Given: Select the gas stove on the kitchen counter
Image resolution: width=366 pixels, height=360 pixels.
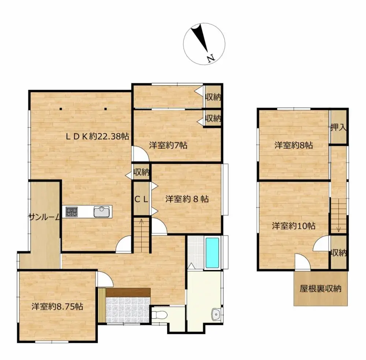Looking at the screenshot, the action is (x=71, y=212).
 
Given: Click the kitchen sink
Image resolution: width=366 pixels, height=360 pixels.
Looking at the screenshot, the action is (x=101, y=212).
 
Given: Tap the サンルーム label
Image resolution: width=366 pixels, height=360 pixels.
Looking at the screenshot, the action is (x=44, y=218).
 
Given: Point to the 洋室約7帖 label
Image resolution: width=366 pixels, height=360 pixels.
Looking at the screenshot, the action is (x=168, y=145).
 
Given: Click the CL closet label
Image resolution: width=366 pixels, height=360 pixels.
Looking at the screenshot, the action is (x=141, y=199).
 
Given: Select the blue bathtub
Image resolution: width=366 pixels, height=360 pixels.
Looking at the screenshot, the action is (x=212, y=253).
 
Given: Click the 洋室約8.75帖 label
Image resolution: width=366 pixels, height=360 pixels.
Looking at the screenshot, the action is (x=57, y=306).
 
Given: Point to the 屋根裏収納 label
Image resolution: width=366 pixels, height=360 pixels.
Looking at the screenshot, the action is (x=321, y=289).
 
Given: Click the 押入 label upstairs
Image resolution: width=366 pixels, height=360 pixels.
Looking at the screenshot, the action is (x=338, y=127).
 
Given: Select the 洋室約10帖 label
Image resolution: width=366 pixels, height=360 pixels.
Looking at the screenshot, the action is (x=294, y=226).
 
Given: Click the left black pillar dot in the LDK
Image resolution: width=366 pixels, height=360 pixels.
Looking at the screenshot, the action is (x=61, y=109).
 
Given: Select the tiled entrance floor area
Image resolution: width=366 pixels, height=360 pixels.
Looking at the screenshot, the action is (x=127, y=310).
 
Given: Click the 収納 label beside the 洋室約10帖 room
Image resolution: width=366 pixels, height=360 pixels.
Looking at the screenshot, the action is (x=339, y=253).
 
